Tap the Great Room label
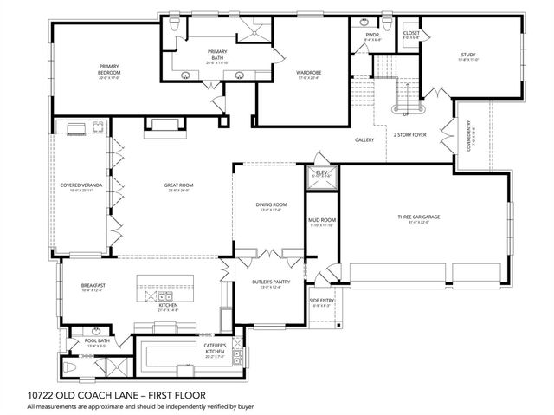coord(178,185)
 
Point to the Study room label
coord(468,55)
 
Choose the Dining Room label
coord(271,204)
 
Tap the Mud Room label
coord(321,221)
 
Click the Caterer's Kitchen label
coord(215,348)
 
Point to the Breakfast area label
coord(93,286)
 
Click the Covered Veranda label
coord(77,185)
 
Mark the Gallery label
coord(364,139)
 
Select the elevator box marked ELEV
coord(321,173)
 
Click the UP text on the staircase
coord(404,113)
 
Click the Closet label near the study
coord(411,33)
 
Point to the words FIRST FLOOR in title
coord(161,395)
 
